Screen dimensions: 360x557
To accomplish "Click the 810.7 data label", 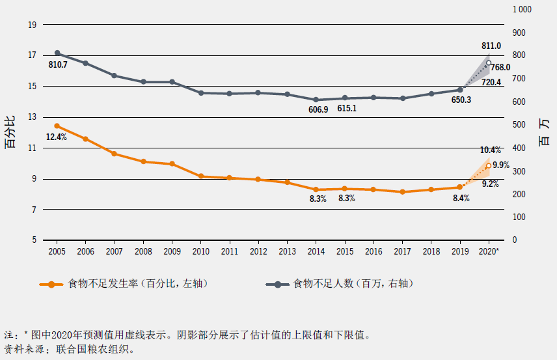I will tap(57, 65).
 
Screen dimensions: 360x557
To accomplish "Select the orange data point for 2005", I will tap(57, 126).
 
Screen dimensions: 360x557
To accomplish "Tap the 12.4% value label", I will tap(57, 137).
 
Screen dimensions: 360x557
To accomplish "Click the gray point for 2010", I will tap(201, 93).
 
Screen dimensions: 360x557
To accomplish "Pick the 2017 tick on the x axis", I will tap(402, 251).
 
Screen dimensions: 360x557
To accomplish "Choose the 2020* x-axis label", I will tap(489, 251).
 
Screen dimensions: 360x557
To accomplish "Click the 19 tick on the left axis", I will tap(31, 25).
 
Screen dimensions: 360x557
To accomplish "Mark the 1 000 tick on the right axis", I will tap(523, 9).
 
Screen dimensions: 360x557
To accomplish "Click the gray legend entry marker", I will tap(278, 284).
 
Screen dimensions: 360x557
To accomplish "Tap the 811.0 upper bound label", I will tap(491, 46).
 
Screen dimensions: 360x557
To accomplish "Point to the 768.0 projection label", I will tap(500, 67).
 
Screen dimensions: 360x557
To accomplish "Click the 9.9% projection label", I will tap(500, 165).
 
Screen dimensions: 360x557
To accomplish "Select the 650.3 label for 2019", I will tap(461, 100).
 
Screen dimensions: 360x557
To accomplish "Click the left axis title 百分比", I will tap(10, 133).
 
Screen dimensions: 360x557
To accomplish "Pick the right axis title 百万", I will tap(545, 133).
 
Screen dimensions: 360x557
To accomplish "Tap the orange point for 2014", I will tap(316, 189).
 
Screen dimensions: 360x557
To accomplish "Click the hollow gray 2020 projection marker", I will tap(489, 63).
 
